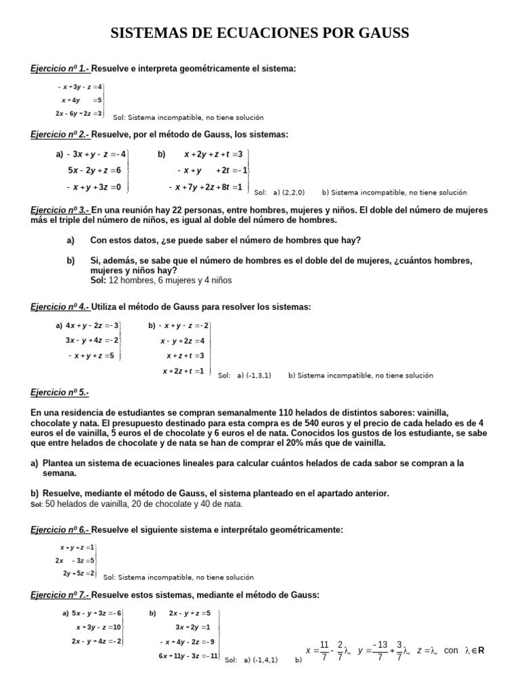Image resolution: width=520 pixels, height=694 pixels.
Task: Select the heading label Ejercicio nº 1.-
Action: (60, 68)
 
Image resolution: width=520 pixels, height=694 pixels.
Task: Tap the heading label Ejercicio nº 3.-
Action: (60, 211)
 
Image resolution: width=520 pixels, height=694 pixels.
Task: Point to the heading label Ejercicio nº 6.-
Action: (60, 529)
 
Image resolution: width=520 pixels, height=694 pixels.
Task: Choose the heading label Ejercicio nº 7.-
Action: (60, 594)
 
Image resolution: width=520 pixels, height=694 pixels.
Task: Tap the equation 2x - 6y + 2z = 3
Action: (79, 113)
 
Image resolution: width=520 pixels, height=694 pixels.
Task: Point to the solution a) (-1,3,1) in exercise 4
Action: (254, 375)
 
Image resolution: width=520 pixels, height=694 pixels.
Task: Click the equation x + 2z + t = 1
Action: (183, 371)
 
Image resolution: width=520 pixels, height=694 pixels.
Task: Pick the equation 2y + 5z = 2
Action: (79, 573)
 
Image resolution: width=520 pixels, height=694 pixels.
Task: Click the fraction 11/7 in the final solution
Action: (324, 650)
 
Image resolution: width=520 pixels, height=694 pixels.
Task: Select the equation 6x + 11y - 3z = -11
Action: (188, 656)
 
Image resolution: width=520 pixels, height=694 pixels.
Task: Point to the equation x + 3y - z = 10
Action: (98, 627)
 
